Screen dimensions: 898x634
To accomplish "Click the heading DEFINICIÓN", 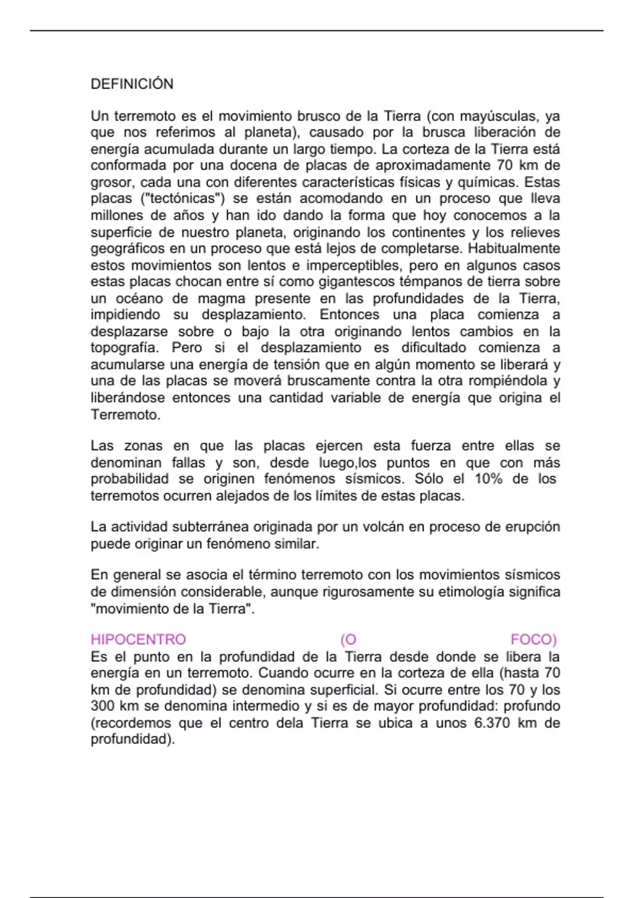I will tap(132, 84).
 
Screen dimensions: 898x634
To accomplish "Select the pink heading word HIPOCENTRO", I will tap(138, 640).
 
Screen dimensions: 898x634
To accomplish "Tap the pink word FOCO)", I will tap(534, 640).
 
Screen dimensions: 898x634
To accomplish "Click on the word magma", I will tap(221, 298).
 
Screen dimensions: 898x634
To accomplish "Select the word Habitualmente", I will tap(514, 248).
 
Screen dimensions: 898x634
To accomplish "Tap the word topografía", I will tap(125, 348).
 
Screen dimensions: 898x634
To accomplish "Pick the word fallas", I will tap(188, 463).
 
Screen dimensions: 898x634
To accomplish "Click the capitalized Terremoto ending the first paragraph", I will tap(125, 415).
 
